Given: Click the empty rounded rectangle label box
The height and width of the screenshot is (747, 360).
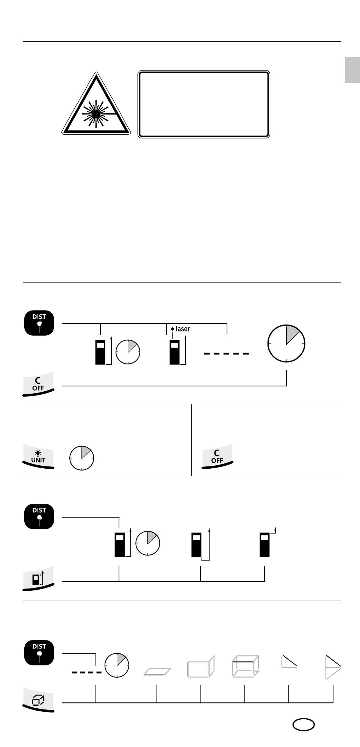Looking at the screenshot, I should pyautogui.click(x=204, y=104).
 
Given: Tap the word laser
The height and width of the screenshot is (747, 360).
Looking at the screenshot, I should pyautogui.click(x=183, y=329).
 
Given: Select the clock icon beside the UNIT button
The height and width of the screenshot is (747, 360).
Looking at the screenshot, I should pyautogui.click(x=81, y=458).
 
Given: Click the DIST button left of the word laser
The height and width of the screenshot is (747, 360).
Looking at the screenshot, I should pyautogui.click(x=39, y=323).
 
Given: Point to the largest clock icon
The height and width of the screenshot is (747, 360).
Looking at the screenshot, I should pyautogui.click(x=286, y=344).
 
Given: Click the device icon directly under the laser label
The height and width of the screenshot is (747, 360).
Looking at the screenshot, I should pyautogui.click(x=174, y=352).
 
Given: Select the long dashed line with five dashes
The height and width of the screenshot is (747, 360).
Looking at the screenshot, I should pyautogui.click(x=226, y=353).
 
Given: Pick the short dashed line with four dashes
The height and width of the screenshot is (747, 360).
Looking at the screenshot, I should pyautogui.click(x=86, y=672).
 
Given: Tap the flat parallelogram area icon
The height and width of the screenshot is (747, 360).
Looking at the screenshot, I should pyautogui.click(x=157, y=672).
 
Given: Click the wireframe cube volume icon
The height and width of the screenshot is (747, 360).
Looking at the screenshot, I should pyautogui.click(x=245, y=666).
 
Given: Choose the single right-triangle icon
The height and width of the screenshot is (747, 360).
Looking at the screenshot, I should pyautogui.click(x=289, y=661).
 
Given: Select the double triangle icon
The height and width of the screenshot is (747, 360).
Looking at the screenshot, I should pyautogui.click(x=333, y=667).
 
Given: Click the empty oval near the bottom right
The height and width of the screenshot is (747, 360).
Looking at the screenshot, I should pyautogui.click(x=304, y=725).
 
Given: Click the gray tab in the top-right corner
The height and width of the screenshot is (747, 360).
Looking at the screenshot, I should pyautogui.click(x=352, y=70).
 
